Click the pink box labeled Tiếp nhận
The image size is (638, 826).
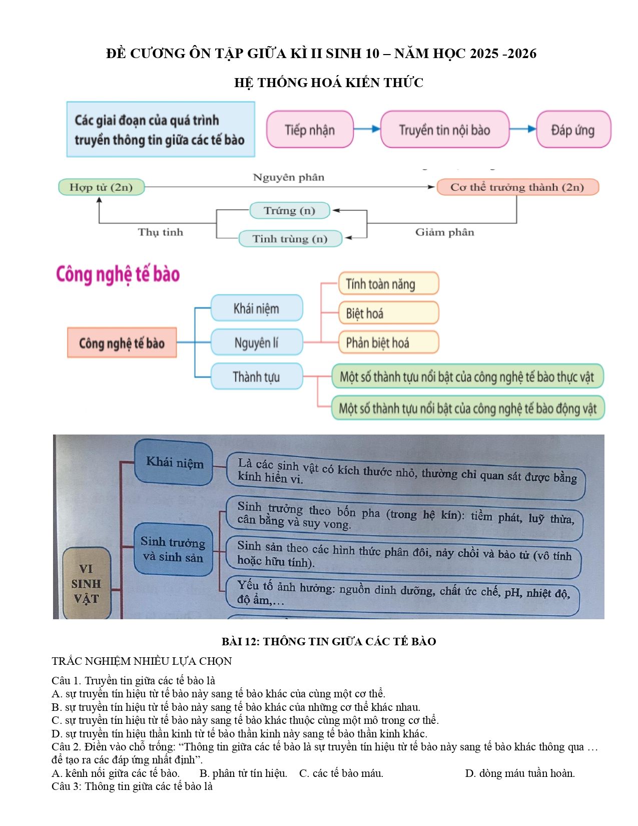(310, 129)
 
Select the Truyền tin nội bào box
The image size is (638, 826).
(444, 129)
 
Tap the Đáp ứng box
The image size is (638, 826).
(573, 129)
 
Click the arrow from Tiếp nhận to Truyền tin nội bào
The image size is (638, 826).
(367, 129)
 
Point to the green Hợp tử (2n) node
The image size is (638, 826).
(101, 187)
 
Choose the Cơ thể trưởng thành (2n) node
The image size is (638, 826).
(517, 187)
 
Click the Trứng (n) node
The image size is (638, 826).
(290, 210)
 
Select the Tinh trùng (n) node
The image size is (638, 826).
(290, 238)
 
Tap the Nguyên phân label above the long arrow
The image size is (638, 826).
(289, 177)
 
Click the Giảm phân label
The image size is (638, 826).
(444, 232)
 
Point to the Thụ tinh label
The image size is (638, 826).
(160, 232)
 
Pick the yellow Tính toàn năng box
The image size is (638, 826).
(388, 283)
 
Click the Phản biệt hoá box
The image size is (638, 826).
(388, 342)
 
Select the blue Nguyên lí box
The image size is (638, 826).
(257, 342)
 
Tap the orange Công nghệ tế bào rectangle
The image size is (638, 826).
(122, 342)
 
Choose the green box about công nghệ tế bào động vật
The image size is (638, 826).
(468, 408)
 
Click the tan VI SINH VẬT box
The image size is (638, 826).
(86, 584)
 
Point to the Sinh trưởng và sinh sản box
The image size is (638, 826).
(173, 549)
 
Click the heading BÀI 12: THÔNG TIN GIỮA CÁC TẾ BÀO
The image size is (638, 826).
(329, 641)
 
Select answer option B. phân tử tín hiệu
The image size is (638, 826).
(243, 773)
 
